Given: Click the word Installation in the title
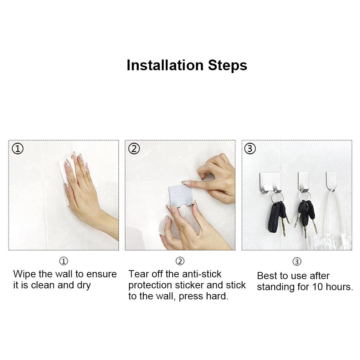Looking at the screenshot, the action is pyautogui.click(x=165, y=65).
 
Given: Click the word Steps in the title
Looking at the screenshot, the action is pyautogui.click(x=227, y=66).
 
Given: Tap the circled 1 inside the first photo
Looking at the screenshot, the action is pyautogui.click(x=18, y=149).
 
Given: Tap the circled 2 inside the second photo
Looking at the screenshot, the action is pyautogui.click(x=134, y=149).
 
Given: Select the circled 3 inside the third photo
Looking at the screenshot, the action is pyautogui.click(x=250, y=149).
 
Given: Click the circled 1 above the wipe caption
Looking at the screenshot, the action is pyautogui.click(x=63, y=261).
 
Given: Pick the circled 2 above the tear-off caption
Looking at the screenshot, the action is pyautogui.click(x=180, y=261).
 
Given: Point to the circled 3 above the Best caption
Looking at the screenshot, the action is pyautogui.click(x=297, y=262).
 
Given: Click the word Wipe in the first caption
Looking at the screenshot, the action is pyautogui.click(x=25, y=274).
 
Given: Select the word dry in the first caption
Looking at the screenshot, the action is pyautogui.click(x=84, y=286).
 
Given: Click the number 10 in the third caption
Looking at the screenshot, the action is pyautogui.click(x=317, y=287).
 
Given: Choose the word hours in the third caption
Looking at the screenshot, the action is pyautogui.click(x=339, y=287).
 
